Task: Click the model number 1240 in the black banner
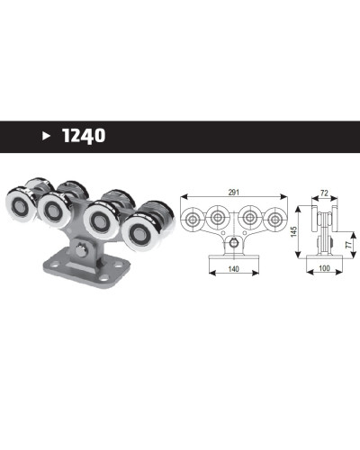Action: point(84,136)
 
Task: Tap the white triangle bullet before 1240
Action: point(46,136)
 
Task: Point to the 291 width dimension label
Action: point(234,193)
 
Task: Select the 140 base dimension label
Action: point(233,269)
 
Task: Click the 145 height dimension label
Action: point(293,231)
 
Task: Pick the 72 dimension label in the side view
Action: point(324,193)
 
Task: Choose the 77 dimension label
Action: point(348,245)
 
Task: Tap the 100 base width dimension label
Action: point(324,268)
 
